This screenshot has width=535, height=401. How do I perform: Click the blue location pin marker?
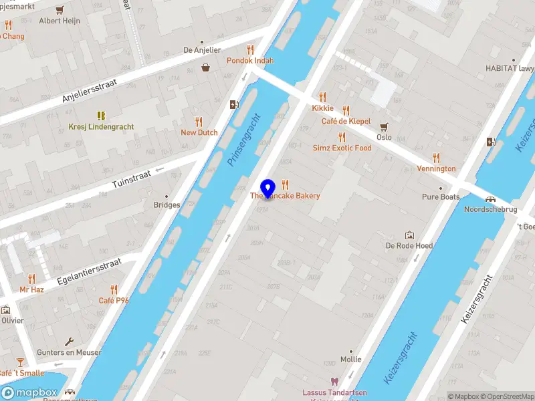coord(268,189)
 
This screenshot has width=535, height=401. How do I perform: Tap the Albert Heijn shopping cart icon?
coord(60,10)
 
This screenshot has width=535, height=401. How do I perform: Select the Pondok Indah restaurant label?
coord(249,60)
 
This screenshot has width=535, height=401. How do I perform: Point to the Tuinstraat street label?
coord(133,175)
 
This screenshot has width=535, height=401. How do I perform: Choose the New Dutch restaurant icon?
coord(199,122)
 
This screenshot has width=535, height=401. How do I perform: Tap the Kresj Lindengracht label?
coord(101,126)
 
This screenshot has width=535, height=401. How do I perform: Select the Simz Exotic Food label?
coord(342,148)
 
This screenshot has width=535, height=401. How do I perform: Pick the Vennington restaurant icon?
coord(436,158)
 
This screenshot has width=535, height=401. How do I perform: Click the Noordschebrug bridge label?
coord(490,209)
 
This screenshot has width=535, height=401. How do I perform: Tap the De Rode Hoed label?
coord(409,245)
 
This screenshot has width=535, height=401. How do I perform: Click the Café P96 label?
coord(114,300)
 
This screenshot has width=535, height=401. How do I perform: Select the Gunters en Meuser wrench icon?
coord(69,342)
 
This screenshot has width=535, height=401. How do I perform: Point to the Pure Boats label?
coord(440,197)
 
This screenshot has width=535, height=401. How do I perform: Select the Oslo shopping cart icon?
coord(384,126)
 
